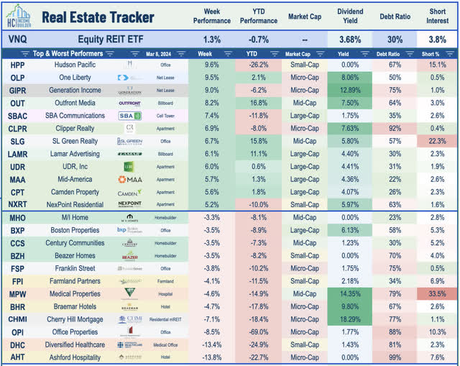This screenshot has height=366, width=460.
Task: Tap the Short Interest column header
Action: tap(438, 17)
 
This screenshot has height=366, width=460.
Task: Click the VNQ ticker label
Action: tap(16, 40)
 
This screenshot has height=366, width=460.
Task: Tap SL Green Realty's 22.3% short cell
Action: tap(438, 142)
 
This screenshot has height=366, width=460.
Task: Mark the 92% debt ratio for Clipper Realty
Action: tap(395, 128)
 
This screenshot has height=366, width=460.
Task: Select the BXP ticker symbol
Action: tap(17, 230)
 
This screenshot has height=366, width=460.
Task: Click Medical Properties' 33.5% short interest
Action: tap(438, 294)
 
